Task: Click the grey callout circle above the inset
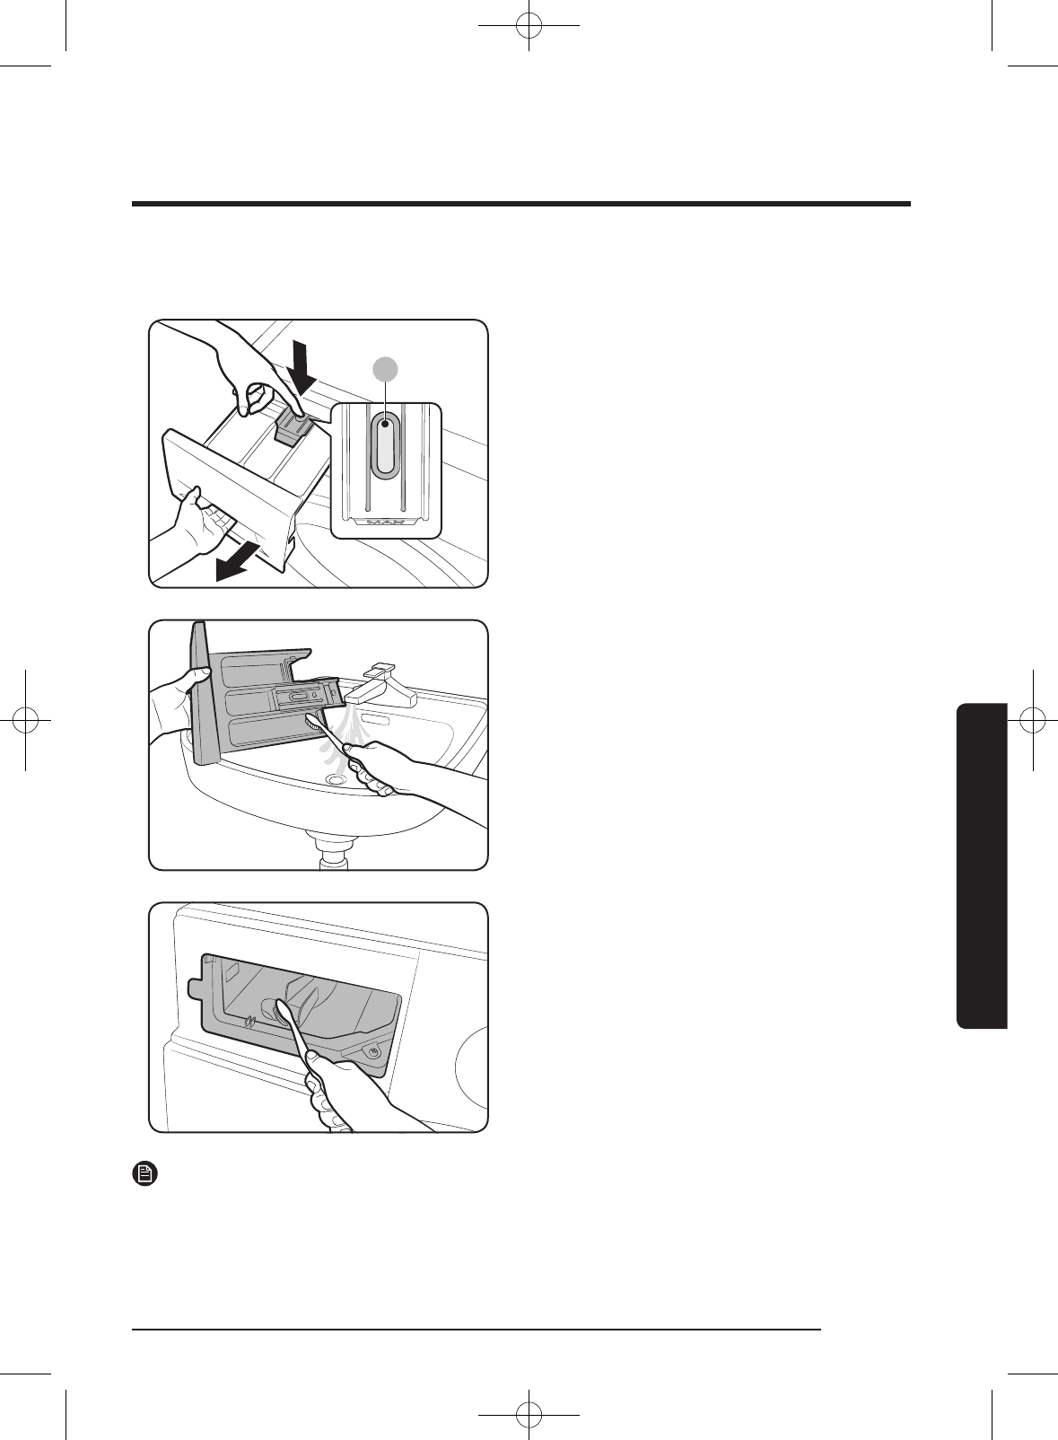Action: coord(386,368)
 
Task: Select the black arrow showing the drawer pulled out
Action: coord(238,562)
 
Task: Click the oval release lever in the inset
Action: coord(386,445)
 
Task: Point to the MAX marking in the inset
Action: coord(386,522)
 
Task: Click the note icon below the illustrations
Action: coord(144,1173)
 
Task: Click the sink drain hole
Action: coord(337,780)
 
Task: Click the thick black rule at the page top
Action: coord(520,205)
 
